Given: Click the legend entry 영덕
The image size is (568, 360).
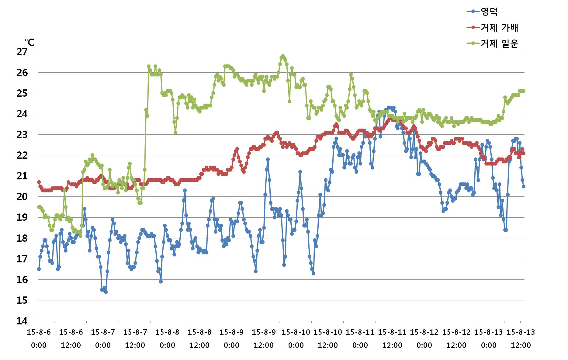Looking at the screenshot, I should click(x=489, y=12).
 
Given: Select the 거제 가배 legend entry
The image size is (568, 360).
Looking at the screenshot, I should click(x=499, y=28).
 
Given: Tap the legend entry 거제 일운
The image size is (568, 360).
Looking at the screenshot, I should click(x=499, y=43).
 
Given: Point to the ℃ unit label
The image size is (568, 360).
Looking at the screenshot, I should click(x=29, y=42).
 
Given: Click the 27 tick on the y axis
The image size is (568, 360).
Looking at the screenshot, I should click(x=22, y=52).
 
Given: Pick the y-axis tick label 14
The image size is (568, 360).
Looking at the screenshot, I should click(x=22, y=321).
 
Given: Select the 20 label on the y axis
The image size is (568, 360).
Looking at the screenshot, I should click(x=22, y=197).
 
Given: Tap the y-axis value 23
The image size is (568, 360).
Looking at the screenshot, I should click(x=22, y=135).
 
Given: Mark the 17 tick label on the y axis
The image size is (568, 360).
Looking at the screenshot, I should click(x=22, y=259).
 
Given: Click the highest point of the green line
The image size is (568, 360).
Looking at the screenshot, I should click(x=283, y=56).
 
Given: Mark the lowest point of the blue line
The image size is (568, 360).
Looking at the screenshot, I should click(x=106, y=292).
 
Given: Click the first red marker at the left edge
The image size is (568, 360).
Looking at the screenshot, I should click(x=39, y=182).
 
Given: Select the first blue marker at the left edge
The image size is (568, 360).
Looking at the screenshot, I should click(x=39, y=269).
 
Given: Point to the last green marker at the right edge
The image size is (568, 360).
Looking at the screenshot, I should click(x=524, y=91).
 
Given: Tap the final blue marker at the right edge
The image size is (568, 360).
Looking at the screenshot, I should click(x=524, y=186).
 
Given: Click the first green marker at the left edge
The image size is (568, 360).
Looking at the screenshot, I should click(x=39, y=207).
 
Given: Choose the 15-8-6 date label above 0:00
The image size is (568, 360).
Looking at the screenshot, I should click(x=39, y=332).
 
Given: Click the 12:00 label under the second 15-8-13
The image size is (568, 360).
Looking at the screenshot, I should click(x=521, y=345).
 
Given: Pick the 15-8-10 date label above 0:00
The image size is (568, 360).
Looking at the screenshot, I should click(x=296, y=332).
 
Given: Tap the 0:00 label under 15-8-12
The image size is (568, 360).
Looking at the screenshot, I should click(x=424, y=345).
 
